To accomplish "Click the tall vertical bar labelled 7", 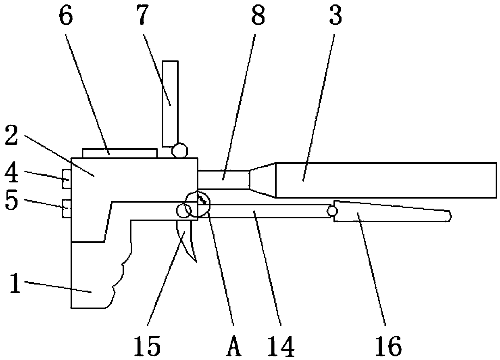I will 170,103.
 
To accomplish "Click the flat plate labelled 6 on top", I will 119,153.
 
